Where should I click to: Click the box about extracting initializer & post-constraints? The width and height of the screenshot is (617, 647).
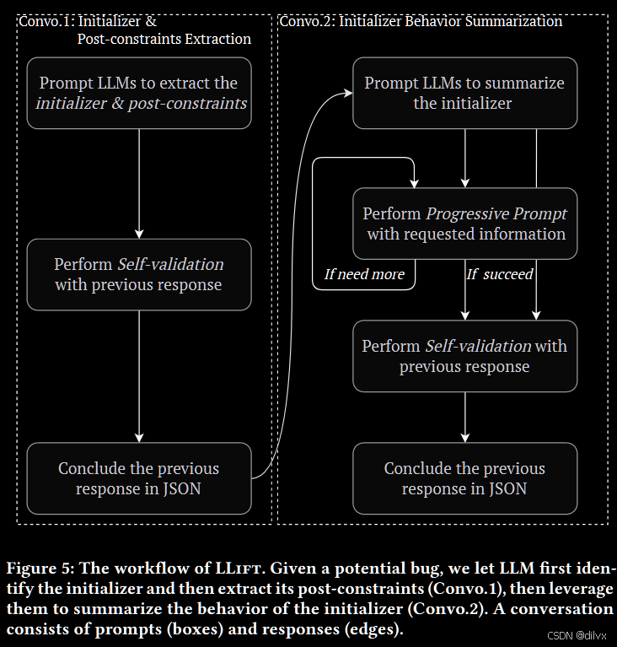139,93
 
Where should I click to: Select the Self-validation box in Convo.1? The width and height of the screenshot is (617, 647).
139,274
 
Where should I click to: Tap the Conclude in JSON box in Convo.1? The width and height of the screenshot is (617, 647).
139,478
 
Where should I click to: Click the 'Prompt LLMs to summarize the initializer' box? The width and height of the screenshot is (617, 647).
464,93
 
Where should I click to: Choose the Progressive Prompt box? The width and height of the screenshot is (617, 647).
464,224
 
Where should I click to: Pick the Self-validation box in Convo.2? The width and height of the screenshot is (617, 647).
464,356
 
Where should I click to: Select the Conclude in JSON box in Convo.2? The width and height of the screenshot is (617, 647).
464,478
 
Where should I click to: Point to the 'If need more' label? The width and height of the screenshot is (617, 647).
364,274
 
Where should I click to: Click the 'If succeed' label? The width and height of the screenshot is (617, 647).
500,274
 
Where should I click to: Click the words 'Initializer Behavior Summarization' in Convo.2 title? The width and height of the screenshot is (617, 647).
449,21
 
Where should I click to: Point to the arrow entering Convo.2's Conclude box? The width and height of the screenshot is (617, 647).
464,417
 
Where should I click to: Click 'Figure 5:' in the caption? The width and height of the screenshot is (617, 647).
37,567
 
